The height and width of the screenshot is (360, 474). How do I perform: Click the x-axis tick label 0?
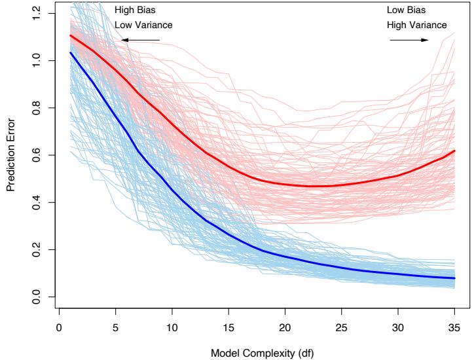[x=59, y=324]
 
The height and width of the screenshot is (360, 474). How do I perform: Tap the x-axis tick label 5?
[x=115, y=324]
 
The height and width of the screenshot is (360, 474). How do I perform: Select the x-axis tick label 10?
[x=172, y=324]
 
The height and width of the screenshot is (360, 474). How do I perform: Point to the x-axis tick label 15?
[x=228, y=324]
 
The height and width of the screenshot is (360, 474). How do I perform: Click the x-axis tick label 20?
[x=285, y=324]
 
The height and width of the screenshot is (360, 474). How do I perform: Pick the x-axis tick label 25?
[x=341, y=324]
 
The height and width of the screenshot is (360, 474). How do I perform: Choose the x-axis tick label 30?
[x=397, y=324]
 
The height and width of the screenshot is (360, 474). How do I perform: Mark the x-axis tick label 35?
[x=454, y=324]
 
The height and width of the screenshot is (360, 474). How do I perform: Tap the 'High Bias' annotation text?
[x=134, y=10]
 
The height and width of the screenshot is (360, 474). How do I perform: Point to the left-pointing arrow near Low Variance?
[x=141, y=40]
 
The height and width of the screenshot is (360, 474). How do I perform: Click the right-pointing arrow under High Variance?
[x=409, y=40]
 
